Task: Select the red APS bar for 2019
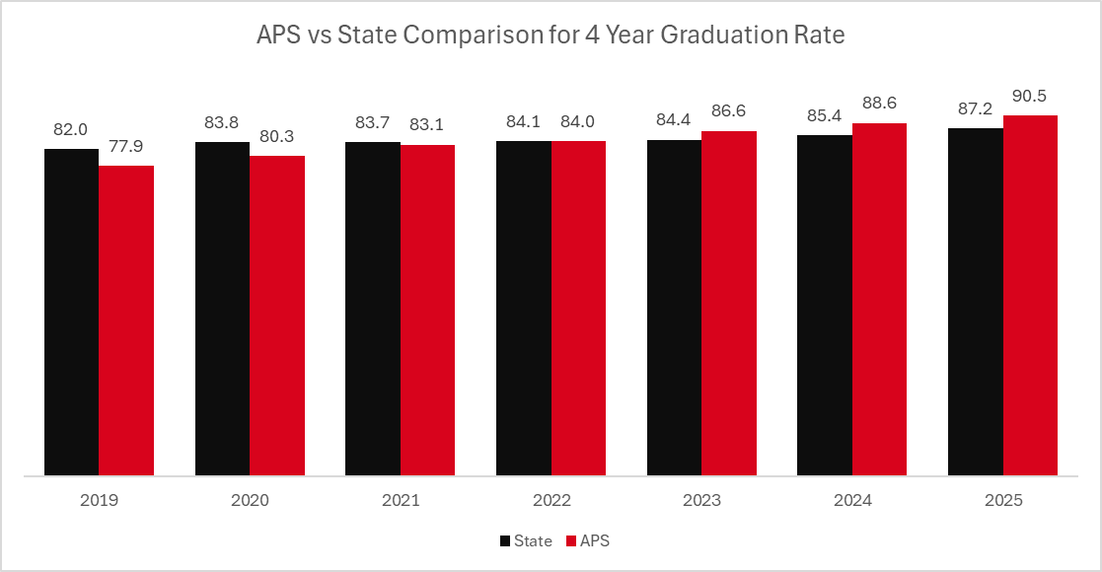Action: (126, 321)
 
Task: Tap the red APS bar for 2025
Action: (1030, 295)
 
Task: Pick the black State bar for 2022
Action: (523, 308)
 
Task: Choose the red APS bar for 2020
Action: (277, 316)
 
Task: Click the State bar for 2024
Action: (825, 305)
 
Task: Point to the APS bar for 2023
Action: (729, 303)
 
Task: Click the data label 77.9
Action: (126, 147)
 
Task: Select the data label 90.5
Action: (1030, 97)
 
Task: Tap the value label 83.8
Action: (222, 123)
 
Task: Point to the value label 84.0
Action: (578, 122)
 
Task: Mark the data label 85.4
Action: (825, 116)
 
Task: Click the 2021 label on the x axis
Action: (401, 501)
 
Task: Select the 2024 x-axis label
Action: (852, 501)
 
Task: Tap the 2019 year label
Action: (99, 501)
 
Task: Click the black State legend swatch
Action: (505, 540)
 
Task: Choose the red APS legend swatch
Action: (571, 540)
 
